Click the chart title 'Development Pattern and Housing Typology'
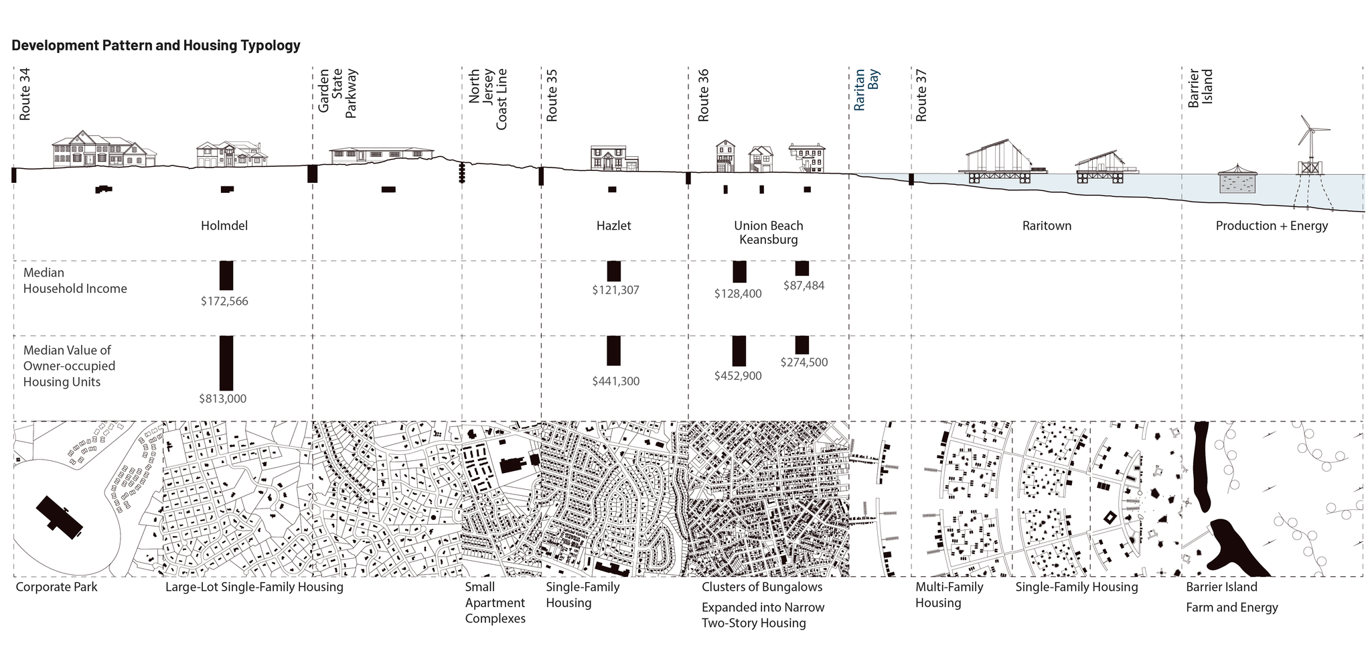(x=156, y=46)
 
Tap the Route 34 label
(x=25, y=94)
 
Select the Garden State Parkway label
(x=337, y=93)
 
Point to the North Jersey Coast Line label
(x=487, y=99)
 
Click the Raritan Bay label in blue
(x=866, y=90)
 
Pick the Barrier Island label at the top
(x=1200, y=88)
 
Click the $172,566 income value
(x=224, y=301)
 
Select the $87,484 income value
(x=804, y=285)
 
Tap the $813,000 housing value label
(x=223, y=399)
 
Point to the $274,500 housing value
(x=804, y=362)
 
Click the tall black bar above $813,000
(x=226, y=363)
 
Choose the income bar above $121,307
(x=614, y=271)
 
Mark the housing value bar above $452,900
(x=739, y=351)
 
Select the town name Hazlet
(x=614, y=226)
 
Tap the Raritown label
(x=1047, y=226)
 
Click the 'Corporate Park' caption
(x=57, y=587)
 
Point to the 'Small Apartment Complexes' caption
(x=496, y=602)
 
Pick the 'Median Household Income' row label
(x=75, y=281)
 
